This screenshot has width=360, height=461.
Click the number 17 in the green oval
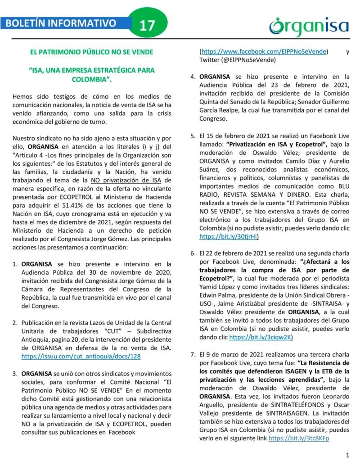point(147,26)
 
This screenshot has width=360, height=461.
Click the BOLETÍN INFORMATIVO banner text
point(61,23)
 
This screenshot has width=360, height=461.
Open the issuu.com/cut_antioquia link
point(81,356)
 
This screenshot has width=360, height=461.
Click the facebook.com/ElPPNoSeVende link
point(264,51)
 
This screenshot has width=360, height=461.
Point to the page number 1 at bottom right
point(348,454)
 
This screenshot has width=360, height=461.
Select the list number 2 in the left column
point(15,323)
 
